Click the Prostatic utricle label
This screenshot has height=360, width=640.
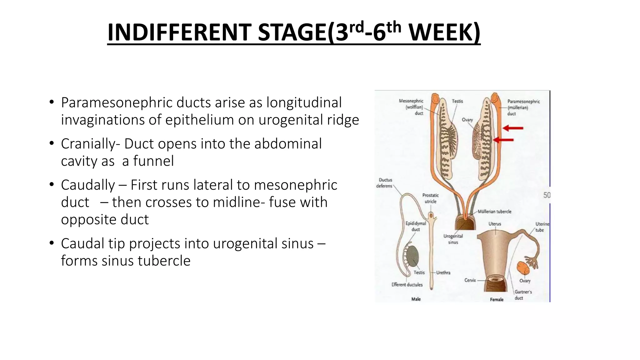pos(430,198)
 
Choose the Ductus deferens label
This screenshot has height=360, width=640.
pos(385,183)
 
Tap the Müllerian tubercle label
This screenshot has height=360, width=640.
pos(494,212)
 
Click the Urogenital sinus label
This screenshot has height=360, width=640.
pos(453,239)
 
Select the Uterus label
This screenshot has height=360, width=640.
pos(495,224)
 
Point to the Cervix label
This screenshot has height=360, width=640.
pos(470,280)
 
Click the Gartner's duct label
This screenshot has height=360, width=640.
pos(523,295)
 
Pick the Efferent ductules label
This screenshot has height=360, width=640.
pos(407,285)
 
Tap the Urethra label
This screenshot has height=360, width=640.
pos(443,272)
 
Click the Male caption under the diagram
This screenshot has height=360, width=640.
pos(416,299)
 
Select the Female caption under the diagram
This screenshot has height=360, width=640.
pos(497,299)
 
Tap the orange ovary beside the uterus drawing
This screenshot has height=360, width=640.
pos(522,268)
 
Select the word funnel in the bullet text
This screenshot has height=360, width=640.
pos(153,161)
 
